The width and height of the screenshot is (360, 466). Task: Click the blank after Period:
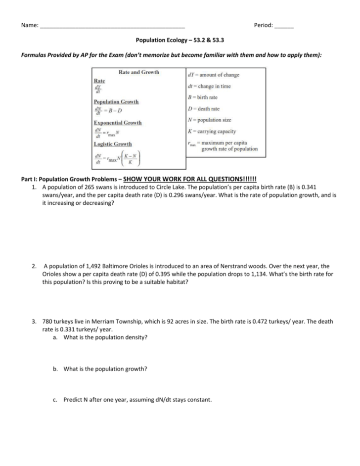[283, 26]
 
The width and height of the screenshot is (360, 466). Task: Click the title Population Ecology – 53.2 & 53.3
[180, 42]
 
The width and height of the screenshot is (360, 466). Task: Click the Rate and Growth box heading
[139, 72]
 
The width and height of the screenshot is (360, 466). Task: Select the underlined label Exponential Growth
[117, 123]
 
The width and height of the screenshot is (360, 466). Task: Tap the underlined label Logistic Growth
[112, 144]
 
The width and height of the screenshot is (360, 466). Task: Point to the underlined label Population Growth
[116, 101]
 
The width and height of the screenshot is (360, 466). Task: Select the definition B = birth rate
[203, 97]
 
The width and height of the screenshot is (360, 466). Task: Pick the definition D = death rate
[204, 109]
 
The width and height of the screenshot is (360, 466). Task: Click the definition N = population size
[210, 120]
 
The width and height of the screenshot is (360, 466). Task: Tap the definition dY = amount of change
[214, 75]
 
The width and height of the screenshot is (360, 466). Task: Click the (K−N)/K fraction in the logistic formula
[131, 159]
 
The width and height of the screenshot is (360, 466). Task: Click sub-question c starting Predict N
[137, 400]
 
